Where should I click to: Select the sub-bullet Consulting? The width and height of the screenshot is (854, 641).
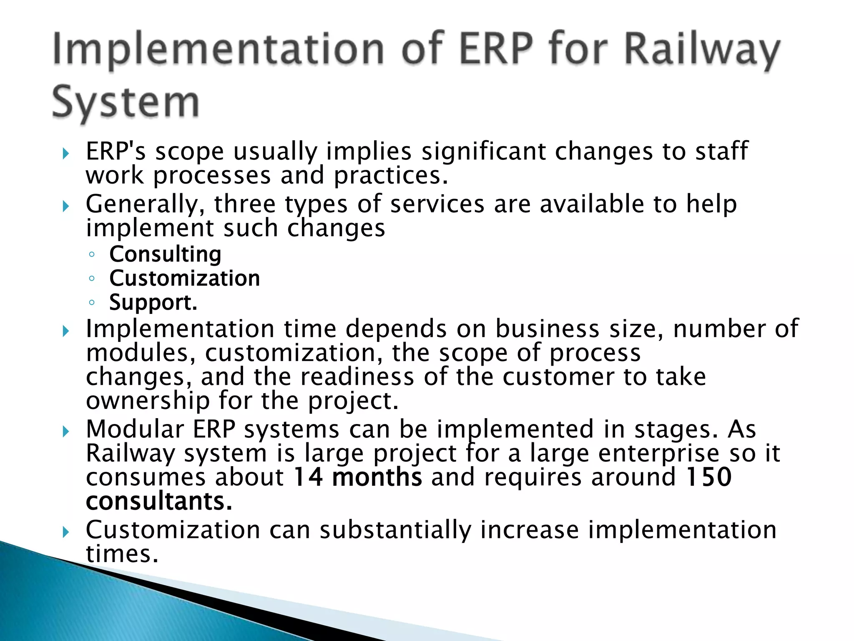tap(165, 255)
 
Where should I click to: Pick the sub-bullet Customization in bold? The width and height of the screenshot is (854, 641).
tap(184, 279)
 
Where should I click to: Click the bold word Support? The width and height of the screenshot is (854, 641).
tap(153, 303)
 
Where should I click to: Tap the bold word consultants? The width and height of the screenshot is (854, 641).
tap(159, 502)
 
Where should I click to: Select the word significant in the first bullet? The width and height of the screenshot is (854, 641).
tap(483, 151)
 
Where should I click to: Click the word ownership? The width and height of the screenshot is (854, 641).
tap(148, 401)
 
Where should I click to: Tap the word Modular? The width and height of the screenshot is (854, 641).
tap(135, 429)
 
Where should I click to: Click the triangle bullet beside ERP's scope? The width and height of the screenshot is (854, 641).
tap(65, 154)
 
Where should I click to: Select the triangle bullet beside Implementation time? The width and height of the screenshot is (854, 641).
tap(65, 332)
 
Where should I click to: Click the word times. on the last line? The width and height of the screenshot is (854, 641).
tap(122, 554)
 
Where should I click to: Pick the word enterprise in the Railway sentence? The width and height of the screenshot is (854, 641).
tap(659, 454)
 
